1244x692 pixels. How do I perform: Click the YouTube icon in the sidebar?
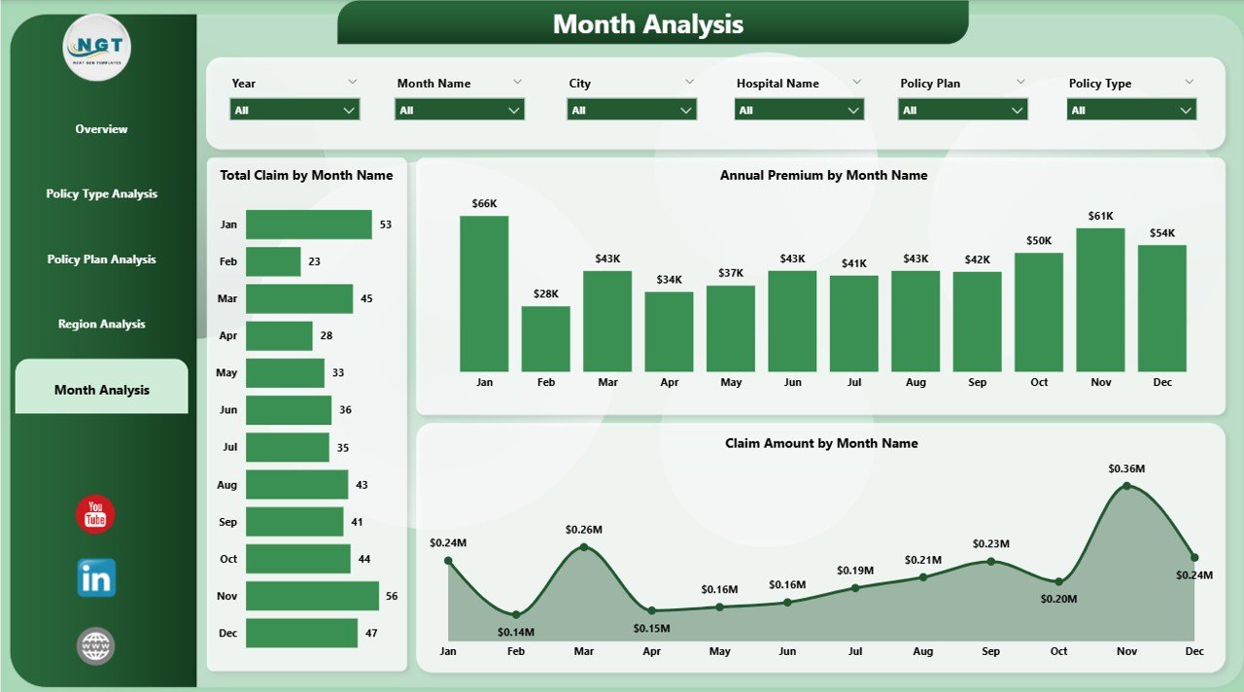pos(95,514)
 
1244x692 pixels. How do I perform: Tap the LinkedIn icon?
pos(96,577)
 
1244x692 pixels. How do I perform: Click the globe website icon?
pos(96,645)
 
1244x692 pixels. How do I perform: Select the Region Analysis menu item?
pos(101,324)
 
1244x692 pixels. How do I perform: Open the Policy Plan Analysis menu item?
pos(101,259)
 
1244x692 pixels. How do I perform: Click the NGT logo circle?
pos(97,47)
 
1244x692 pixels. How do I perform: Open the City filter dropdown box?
pos(632,110)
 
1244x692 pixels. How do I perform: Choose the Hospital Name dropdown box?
pos(799,110)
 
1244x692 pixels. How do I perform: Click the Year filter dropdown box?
pos(295,110)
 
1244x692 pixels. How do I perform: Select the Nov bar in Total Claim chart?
pos(312,596)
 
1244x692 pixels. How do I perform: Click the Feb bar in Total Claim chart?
pos(273,261)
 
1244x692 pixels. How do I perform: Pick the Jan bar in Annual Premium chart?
pos(484,294)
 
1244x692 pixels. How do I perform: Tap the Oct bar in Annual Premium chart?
pos(1039,312)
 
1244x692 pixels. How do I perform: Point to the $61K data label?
pos(1100,216)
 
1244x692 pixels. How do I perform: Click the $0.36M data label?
pos(1126,468)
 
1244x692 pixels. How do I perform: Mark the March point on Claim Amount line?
pos(584,547)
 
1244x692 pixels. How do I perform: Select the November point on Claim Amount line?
pos(1126,485)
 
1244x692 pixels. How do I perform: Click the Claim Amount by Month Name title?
pos(821,443)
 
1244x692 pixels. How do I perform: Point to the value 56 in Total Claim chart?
pos(392,596)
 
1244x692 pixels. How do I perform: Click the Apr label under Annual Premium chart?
pos(670,382)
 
